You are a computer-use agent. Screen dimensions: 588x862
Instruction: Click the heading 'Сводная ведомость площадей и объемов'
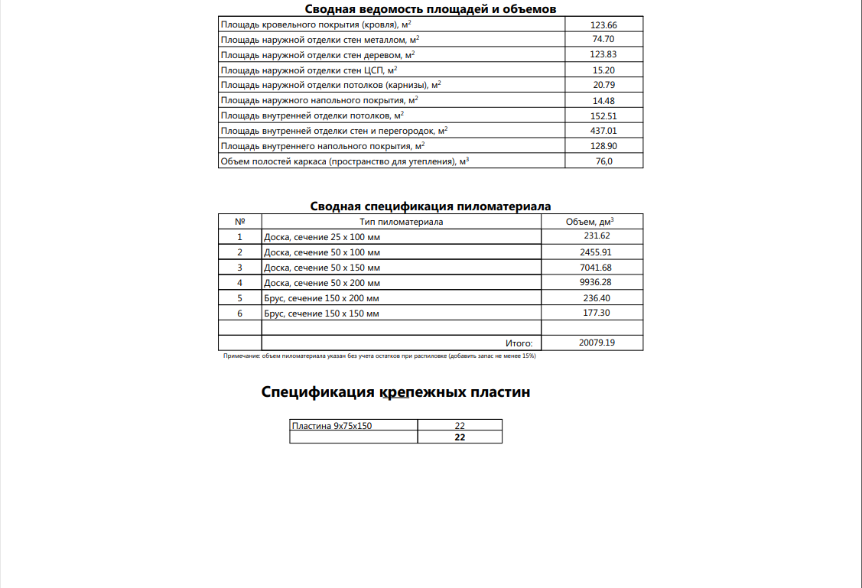coord(430,8)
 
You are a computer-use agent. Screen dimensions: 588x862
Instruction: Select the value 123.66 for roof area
coord(603,25)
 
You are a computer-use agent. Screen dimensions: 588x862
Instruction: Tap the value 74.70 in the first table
coord(603,40)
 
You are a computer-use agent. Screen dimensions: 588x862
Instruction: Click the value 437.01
coord(603,131)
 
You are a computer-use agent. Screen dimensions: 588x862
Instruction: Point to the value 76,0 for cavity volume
coord(603,161)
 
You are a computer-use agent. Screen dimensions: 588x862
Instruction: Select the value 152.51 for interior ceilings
coord(603,116)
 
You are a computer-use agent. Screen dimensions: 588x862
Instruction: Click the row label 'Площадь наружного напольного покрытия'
coord(319,101)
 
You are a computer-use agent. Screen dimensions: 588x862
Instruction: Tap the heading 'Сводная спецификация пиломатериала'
coord(430,206)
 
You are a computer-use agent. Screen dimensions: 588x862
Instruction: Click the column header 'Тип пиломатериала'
coord(401,222)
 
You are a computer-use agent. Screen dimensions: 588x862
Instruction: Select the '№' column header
coord(239,222)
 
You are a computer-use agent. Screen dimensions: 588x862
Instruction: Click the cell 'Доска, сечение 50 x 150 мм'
coord(321,268)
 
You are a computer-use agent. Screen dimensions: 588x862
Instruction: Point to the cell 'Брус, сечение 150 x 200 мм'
coord(321,298)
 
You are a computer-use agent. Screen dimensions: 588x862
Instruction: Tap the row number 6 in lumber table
coord(239,313)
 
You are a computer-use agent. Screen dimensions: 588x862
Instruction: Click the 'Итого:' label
coord(519,344)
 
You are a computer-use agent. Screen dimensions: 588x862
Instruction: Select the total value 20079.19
coord(597,343)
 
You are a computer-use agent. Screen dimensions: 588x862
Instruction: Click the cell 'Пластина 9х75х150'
coord(332,426)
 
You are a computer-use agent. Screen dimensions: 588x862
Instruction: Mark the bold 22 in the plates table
coord(460,437)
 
